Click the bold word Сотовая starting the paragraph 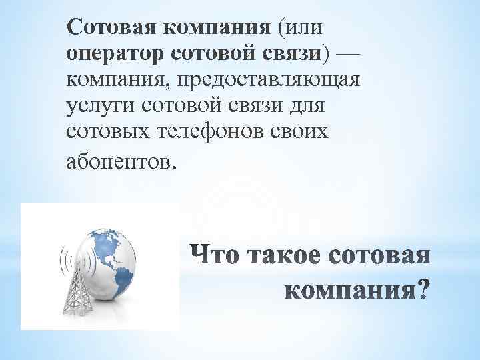[106, 29]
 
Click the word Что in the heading [213, 255]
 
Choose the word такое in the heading [282, 255]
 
